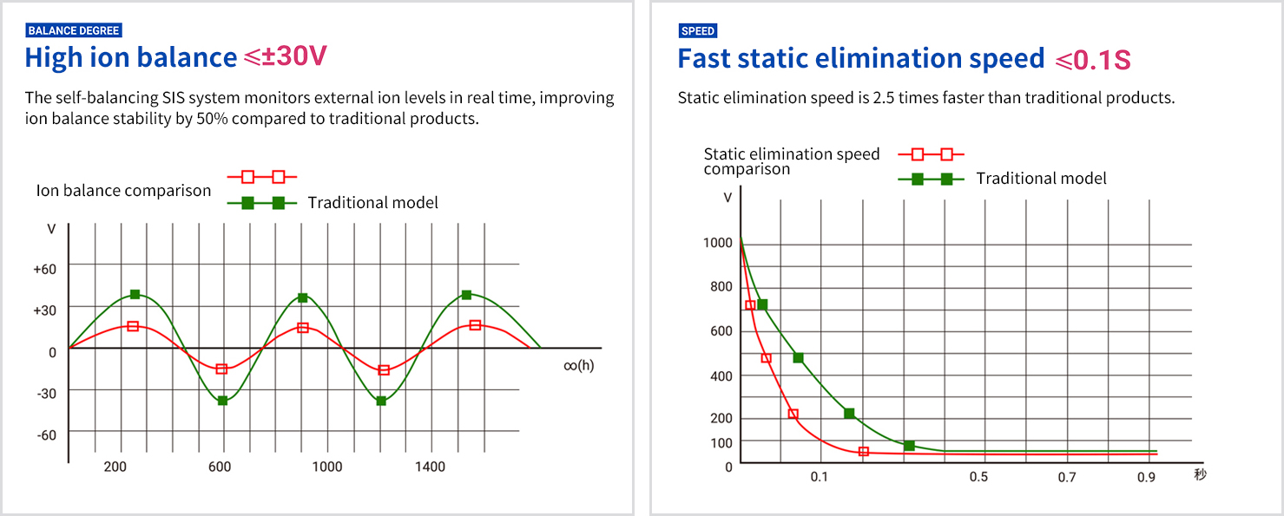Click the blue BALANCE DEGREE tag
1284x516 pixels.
pyautogui.click(x=74, y=30)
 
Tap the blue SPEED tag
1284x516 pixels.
pyautogui.click(x=698, y=31)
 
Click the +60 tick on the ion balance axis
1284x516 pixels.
pyautogui.click(x=44, y=270)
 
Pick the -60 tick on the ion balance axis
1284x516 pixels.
pyautogui.click(x=46, y=434)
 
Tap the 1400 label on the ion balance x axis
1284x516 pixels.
pyautogui.click(x=430, y=467)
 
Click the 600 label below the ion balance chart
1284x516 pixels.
pyautogui.click(x=220, y=467)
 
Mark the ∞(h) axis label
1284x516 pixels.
pyautogui.click(x=579, y=365)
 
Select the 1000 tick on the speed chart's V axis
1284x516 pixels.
pyautogui.click(x=717, y=243)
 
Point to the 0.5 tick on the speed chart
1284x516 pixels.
pyautogui.click(x=978, y=477)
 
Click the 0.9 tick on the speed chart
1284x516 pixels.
pyautogui.click(x=1147, y=477)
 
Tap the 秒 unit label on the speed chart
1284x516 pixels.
pyautogui.click(x=1200, y=474)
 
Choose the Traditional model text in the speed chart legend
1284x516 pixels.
pyautogui.click(x=1041, y=179)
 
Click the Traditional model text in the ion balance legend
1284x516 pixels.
pyautogui.click(x=372, y=203)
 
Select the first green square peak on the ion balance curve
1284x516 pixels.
pyautogui.click(x=135, y=295)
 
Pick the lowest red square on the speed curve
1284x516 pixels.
pyautogui.click(x=864, y=451)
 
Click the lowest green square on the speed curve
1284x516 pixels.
pyautogui.click(x=909, y=446)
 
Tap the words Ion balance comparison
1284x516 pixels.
pyautogui.click(x=123, y=191)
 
